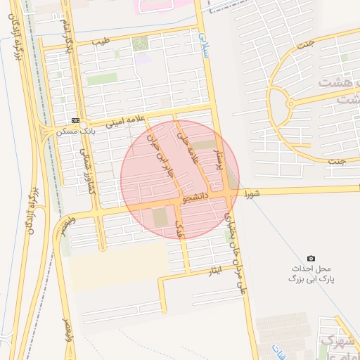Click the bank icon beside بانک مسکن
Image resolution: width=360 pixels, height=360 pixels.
(75, 120)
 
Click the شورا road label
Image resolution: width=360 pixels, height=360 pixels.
(252, 191)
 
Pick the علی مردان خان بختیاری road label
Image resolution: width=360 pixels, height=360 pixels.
(236, 246)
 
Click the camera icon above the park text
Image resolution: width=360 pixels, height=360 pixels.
(311, 259)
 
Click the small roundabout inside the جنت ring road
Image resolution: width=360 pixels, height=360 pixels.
(290, 105)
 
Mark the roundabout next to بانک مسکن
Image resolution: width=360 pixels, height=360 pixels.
(82, 124)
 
